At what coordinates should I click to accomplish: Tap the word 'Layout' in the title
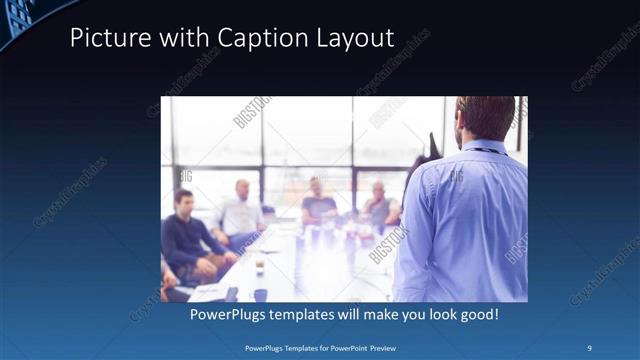[356, 39]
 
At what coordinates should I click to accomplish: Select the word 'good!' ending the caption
[477, 315]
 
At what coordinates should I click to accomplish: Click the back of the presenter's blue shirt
[470, 220]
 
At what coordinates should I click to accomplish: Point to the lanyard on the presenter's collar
[484, 151]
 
